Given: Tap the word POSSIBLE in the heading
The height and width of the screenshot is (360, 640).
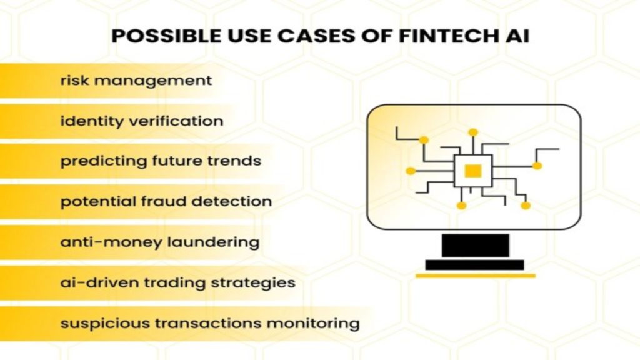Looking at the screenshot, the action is click(x=166, y=36).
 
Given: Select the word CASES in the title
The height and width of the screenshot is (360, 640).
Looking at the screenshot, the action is click(x=316, y=36).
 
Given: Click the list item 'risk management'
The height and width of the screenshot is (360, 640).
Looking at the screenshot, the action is click(x=136, y=81).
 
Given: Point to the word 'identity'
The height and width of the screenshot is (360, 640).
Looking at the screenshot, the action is click(x=91, y=121).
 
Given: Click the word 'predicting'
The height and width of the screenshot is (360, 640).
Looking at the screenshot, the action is click(x=104, y=161).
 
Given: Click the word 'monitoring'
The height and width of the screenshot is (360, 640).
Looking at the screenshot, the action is click(x=313, y=324).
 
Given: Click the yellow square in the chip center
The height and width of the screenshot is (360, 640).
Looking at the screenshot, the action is click(x=473, y=171).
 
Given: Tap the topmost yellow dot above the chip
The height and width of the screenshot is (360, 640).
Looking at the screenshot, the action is click(x=473, y=132).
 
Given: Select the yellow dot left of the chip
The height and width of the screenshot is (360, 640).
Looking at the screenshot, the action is click(x=411, y=171).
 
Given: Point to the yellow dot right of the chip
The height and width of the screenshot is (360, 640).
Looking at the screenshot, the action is click(x=537, y=166).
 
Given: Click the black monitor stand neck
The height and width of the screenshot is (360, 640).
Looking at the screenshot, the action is click(x=476, y=245).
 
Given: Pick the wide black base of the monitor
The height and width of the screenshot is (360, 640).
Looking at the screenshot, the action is click(x=475, y=265).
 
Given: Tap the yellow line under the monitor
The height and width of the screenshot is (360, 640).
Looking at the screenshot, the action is click(x=476, y=276).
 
